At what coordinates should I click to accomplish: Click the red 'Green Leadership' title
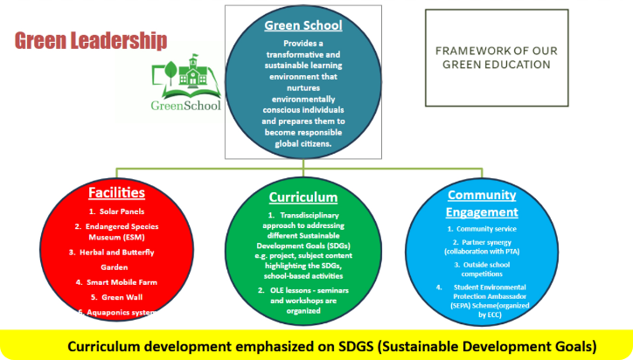click(x=91, y=41)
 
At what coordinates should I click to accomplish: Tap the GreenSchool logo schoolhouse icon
click(x=192, y=72)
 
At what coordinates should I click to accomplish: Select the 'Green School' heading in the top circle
click(x=303, y=25)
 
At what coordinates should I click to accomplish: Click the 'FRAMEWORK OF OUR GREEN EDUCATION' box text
click(x=497, y=58)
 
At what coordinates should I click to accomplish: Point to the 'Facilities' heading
click(x=116, y=192)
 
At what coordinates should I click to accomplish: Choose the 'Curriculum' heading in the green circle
click(x=303, y=197)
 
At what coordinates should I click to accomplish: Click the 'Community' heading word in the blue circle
click(x=482, y=195)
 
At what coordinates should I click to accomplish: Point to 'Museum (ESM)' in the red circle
click(x=116, y=238)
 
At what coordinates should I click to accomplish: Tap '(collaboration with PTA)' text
click(x=482, y=252)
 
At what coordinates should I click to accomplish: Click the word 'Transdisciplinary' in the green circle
click(x=310, y=215)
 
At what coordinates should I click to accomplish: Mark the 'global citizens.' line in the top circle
click(x=303, y=143)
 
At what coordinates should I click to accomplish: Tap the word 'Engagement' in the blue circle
click(x=482, y=212)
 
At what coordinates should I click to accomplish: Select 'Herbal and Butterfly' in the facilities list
click(x=117, y=253)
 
